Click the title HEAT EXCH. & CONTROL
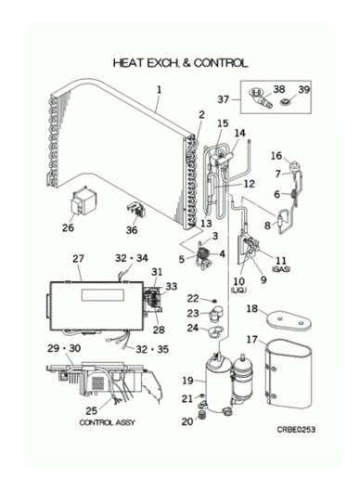(180, 63)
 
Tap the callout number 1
(160, 90)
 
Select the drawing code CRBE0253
(296, 429)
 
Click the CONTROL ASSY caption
(108, 422)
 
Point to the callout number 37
(224, 99)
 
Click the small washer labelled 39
(286, 102)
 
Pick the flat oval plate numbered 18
(289, 320)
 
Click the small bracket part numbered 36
(136, 210)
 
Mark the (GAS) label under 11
(281, 269)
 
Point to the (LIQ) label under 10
(238, 291)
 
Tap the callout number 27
(78, 259)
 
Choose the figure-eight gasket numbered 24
(215, 331)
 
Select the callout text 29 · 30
(64, 348)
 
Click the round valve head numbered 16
(295, 164)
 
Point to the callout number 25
(91, 410)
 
